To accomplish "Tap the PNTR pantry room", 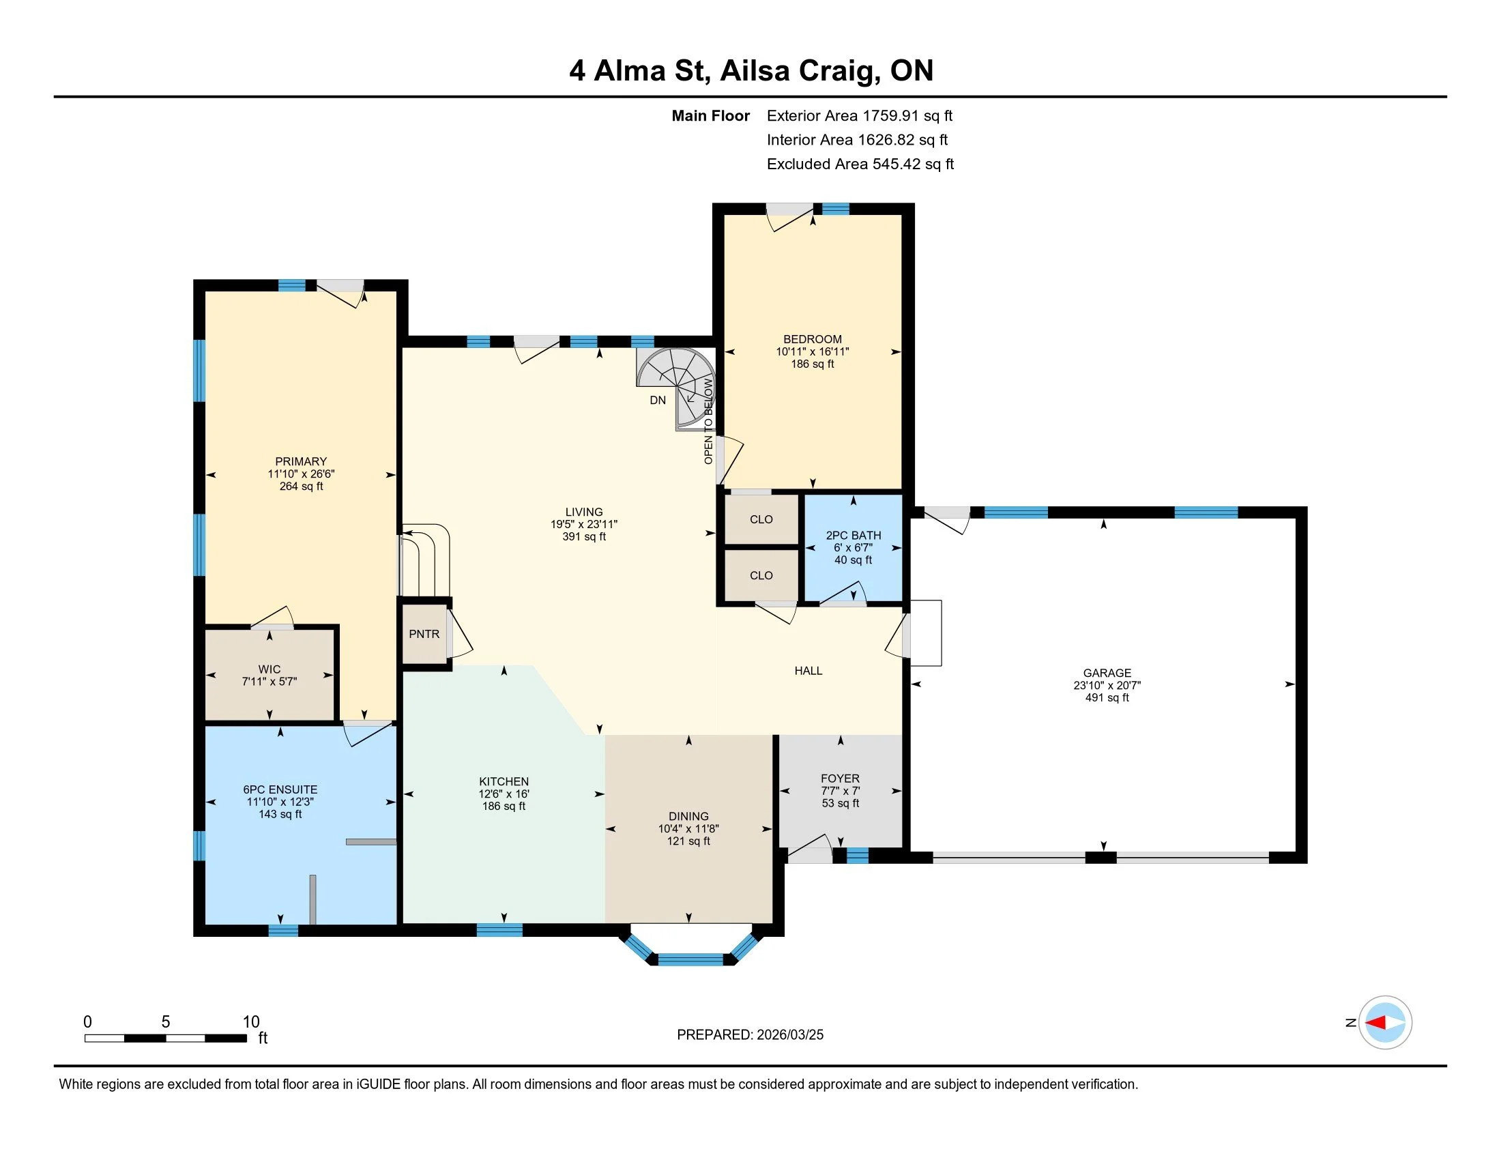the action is point(424,634).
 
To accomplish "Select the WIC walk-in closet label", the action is point(269,669).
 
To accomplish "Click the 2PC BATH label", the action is point(853,536).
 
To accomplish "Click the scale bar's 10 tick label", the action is point(251,1022).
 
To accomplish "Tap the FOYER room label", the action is point(840,779).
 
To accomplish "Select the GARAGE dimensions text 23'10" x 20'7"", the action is point(1107,685).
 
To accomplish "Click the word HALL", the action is point(808,671).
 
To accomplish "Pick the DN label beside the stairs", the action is point(658,400).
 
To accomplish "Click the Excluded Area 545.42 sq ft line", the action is point(860,164).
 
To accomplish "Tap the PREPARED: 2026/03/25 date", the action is point(750,1035).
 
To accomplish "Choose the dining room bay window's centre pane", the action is point(690,959).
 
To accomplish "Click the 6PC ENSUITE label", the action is point(280,789).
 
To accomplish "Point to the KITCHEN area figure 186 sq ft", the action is point(504,806).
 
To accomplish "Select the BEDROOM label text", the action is point(813,339).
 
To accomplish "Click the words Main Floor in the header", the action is point(711,115).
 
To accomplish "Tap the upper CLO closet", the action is point(761,519).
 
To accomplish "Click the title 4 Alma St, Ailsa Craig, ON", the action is point(751,71).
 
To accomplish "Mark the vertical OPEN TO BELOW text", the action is point(709,421).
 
